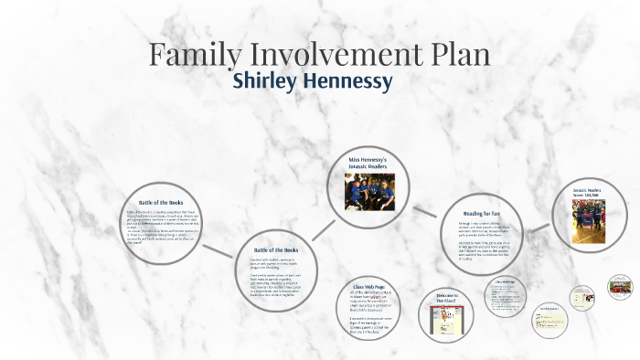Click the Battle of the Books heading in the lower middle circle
pos(275,249)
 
